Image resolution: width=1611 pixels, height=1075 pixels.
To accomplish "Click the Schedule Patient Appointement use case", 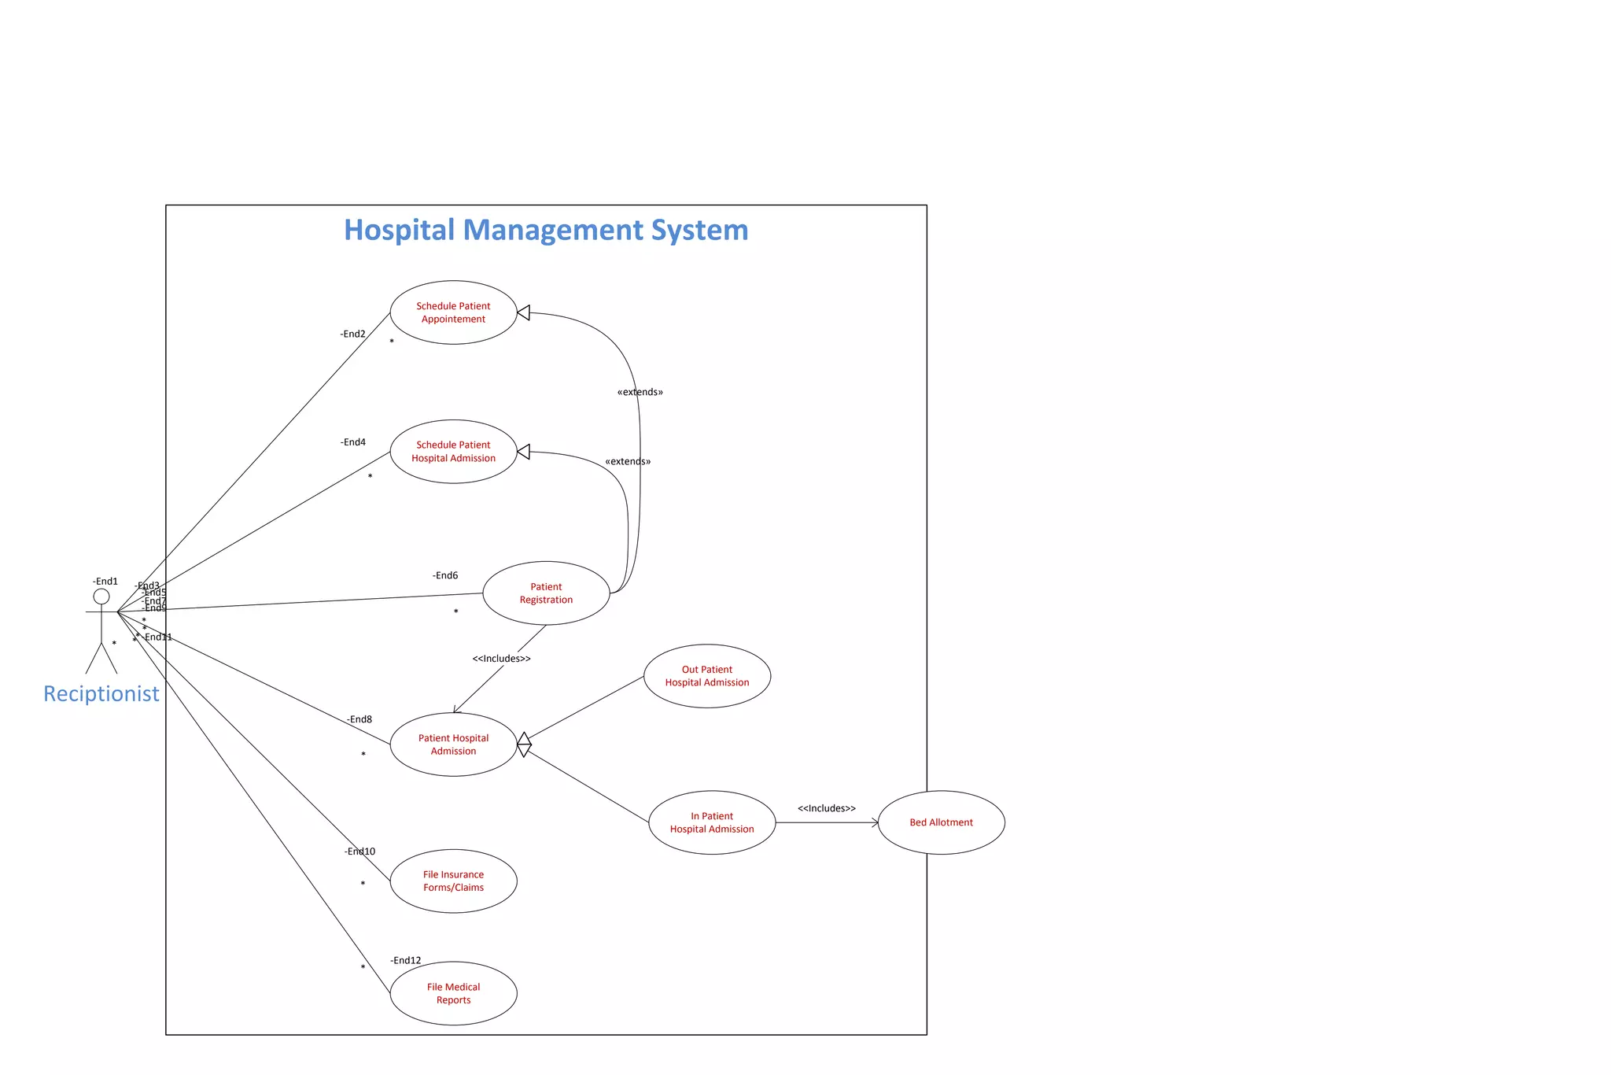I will pos(453,312).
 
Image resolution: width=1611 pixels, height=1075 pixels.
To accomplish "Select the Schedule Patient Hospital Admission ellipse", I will pos(453,452).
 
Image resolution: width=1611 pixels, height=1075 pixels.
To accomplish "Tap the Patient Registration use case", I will pos(546,593).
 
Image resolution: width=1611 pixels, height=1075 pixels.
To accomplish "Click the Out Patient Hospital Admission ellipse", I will pos(706,676).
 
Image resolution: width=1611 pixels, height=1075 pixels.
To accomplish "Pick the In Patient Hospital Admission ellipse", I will pos(711,822).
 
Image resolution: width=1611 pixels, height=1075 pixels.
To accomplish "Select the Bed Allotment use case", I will pos(941,822).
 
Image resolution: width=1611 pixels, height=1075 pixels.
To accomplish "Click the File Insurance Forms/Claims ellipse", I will pos(453,881).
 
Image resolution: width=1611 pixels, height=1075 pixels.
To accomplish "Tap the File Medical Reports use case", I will pos(453,993).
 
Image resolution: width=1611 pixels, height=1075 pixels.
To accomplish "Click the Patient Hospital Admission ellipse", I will pos(453,744).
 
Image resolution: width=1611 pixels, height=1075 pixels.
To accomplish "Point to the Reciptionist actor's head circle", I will pos(101,597).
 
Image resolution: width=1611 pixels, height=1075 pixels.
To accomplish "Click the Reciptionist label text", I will pos(101,693).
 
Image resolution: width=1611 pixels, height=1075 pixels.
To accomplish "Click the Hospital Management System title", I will pos(546,230).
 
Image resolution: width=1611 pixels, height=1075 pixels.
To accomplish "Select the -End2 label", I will pos(352,334).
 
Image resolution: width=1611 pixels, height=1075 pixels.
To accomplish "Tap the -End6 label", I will pos(444,575).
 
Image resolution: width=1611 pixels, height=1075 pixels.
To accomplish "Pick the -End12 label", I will pos(405,960).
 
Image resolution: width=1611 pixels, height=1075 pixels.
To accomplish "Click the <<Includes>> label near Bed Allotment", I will pos(826,808).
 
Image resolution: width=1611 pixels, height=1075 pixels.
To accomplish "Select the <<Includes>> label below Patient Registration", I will pos(501,659).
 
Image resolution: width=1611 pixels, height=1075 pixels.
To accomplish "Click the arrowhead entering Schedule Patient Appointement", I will pos(524,313).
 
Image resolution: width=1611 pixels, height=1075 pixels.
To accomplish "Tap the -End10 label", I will pos(359,852).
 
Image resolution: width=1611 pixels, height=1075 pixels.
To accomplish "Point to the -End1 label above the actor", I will pos(105,582).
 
